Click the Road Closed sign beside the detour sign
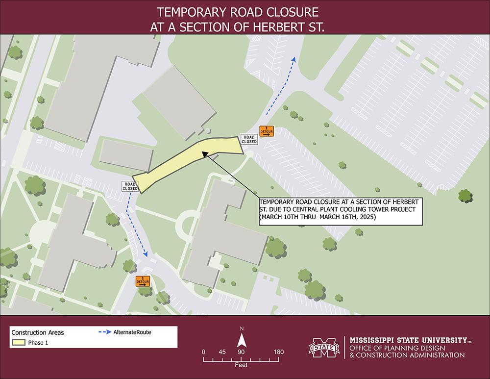249,139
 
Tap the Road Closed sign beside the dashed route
130,186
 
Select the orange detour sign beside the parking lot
267,131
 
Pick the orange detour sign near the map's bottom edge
143,281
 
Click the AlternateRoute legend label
132,332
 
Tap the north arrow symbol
242,340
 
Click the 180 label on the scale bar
279,352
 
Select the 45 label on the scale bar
222,352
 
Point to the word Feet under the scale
241,365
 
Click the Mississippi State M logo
324,348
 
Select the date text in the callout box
318,216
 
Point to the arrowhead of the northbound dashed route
294,59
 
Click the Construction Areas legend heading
37,332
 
